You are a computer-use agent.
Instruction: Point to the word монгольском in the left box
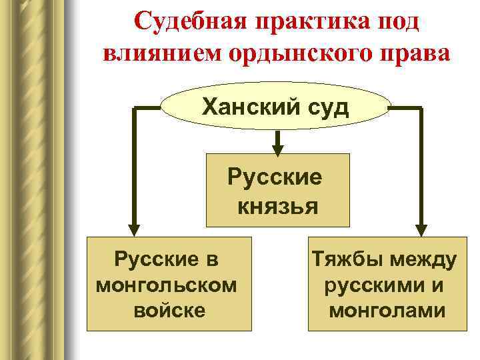coord(166,285)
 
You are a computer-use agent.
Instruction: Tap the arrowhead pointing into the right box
coord(422,227)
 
